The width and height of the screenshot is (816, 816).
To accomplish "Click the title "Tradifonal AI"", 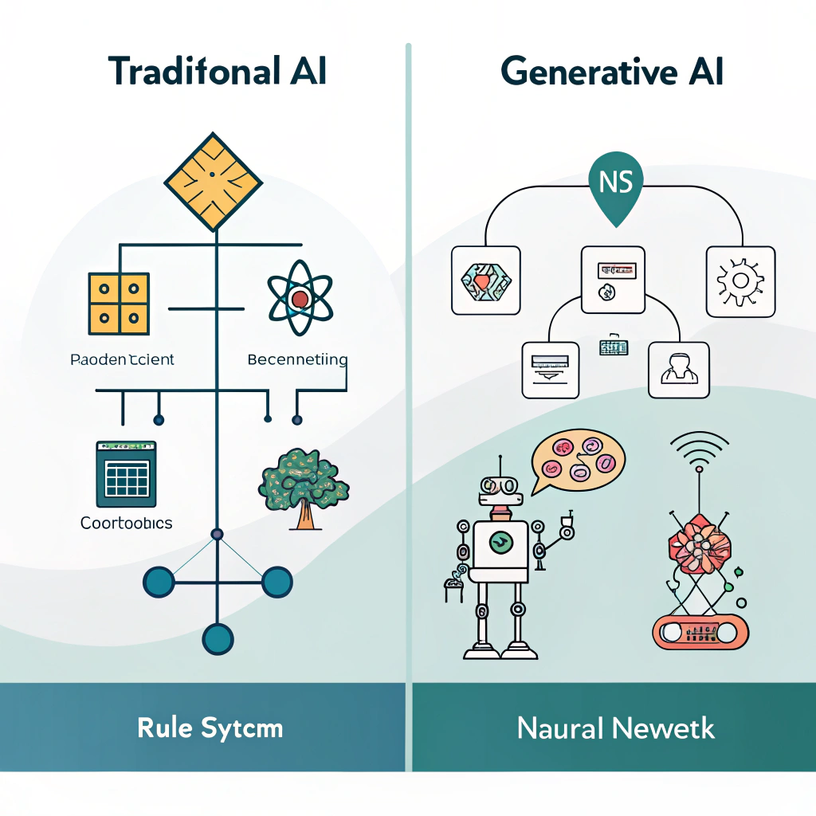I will click(218, 72).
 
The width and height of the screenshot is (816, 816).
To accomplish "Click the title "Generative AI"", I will click(612, 72).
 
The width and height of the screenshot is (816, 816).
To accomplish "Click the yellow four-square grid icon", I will click(119, 303).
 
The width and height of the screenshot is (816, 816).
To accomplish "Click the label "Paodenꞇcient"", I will click(122, 359).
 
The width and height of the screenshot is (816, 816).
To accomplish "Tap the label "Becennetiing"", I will click(297, 359).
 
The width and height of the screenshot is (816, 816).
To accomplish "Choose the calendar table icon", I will click(126, 474).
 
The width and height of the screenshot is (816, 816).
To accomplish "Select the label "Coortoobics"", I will click(126, 524).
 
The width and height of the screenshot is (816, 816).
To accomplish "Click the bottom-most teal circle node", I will click(217, 638).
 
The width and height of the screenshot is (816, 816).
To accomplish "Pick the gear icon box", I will click(740, 280).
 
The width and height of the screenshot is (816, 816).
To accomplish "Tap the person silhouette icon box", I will click(678, 370).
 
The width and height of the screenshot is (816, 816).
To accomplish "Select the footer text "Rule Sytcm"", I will click(210, 728).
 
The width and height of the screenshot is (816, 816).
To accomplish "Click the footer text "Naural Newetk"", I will click(615, 728).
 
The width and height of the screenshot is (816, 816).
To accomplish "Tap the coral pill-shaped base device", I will click(700, 632).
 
